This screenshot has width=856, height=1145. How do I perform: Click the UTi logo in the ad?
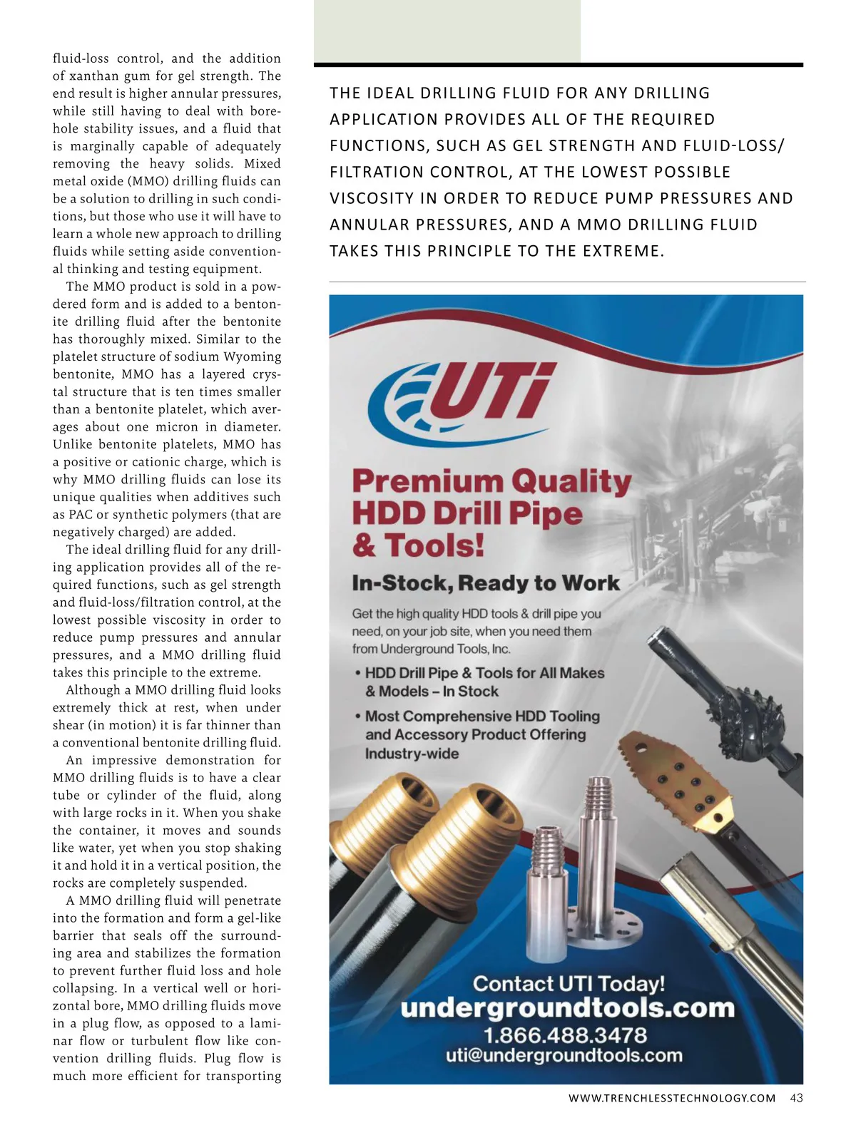tap(467, 398)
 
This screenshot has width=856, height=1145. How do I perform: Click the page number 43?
tap(796, 1098)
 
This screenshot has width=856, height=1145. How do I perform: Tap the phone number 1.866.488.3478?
tap(565, 1035)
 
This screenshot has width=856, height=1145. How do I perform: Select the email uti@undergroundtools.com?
tap(564, 1056)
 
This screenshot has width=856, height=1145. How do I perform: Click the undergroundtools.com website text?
tap(567, 1008)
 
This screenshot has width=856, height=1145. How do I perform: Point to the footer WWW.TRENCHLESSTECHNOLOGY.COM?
tap(671, 1099)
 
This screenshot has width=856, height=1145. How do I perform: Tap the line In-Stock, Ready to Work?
tap(486, 583)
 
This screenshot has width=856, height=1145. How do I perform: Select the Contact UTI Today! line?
tap(569, 984)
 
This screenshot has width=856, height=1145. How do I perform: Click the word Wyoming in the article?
tap(252, 356)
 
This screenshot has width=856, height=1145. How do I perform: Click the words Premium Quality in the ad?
tap(491, 482)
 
